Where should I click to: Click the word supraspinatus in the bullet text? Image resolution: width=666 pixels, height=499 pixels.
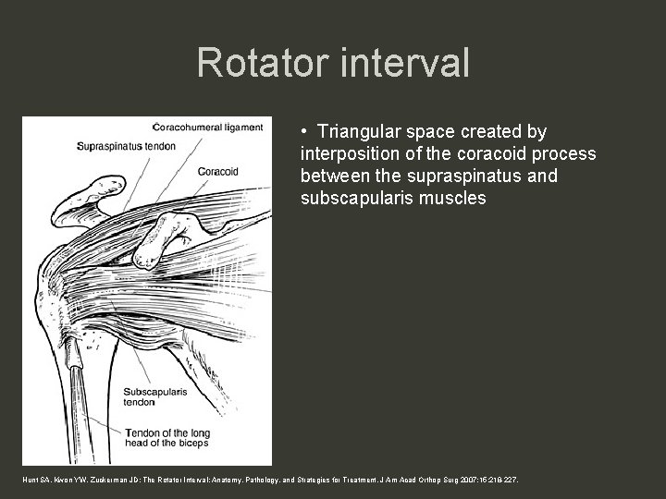448,176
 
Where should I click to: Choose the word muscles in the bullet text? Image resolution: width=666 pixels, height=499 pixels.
450,197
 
